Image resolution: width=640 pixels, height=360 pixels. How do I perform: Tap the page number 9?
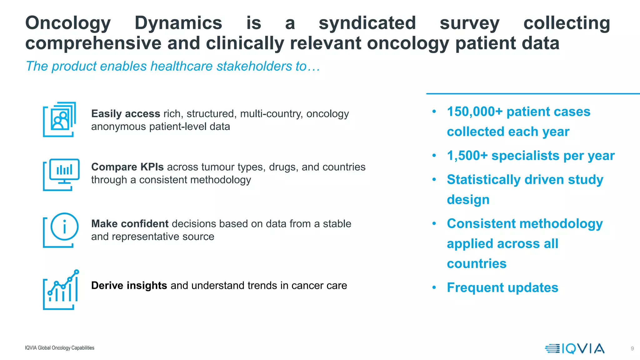(632, 348)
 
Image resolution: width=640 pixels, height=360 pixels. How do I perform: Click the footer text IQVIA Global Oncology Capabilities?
(59, 348)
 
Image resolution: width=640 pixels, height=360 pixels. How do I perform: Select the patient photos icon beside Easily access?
(59, 119)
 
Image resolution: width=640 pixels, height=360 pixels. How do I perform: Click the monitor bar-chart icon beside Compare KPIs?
(61, 174)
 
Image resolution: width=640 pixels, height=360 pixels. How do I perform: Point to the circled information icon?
(64, 227)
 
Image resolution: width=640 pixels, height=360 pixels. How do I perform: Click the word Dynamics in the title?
(178, 23)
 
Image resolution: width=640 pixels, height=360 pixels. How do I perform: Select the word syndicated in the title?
(367, 23)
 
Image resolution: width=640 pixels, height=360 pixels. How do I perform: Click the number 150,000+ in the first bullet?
(475, 112)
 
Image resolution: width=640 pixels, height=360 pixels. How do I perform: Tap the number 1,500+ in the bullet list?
(467, 156)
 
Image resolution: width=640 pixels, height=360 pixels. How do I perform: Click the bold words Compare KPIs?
(127, 167)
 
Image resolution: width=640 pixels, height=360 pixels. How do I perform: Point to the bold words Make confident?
(130, 224)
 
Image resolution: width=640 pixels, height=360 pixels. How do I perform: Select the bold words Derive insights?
(129, 285)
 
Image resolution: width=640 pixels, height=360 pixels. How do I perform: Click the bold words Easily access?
(126, 113)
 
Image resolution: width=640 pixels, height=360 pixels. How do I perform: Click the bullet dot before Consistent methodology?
(434, 223)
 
